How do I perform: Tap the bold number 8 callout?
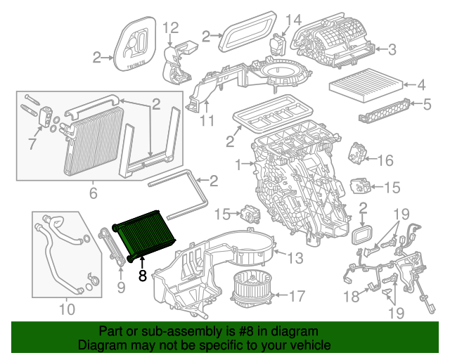click(x=143, y=276)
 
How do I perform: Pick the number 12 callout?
click(x=172, y=28)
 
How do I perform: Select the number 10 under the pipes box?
click(x=67, y=309)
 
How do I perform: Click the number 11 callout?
click(x=205, y=121)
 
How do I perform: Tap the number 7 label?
click(x=30, y=144)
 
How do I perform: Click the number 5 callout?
click(x=426, y=105)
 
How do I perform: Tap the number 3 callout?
click(x=392, y=49)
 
